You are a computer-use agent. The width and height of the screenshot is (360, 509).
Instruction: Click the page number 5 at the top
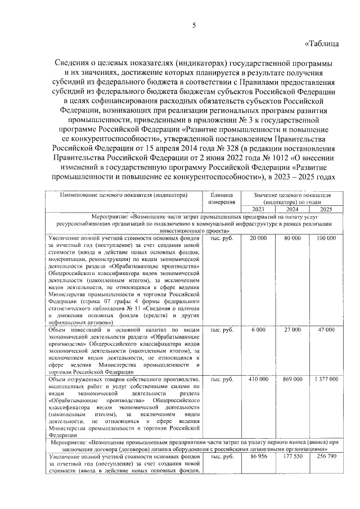coord(193,25)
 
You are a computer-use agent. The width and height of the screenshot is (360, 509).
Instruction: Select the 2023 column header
coord(258,209)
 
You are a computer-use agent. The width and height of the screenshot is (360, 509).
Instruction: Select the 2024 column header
coord(292,209)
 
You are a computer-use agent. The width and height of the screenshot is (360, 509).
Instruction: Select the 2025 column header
coord(326,209)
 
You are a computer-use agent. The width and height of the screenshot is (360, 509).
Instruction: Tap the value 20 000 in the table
coord(258,238)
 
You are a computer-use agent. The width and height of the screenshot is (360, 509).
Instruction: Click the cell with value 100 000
coord(326,238)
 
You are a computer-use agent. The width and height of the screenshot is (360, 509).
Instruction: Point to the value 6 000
coord(258,329)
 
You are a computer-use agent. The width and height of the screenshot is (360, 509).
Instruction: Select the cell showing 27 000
coord(292,329)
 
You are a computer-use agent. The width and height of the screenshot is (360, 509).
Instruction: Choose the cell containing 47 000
coord(326,329)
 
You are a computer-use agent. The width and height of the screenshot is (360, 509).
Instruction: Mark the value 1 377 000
coord(326,380)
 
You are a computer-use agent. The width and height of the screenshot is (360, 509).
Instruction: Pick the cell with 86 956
coord(258,458)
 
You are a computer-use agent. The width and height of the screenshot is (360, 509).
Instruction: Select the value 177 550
coord(292,458)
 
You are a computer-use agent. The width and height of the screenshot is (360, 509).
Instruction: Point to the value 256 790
coord(326,458)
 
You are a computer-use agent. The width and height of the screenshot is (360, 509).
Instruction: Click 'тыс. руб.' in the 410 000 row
coord(222,380)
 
